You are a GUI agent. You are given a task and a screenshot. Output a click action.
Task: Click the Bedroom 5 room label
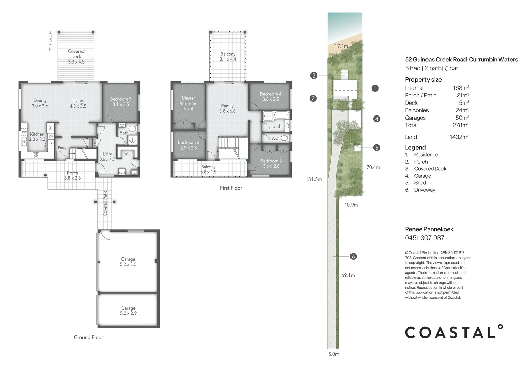pyautogui.click(x=120, y=101)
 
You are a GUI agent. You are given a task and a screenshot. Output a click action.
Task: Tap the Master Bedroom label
pyautogui.click(x=188, y=103)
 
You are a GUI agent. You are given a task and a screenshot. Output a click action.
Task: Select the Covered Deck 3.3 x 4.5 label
pyautogui.click(x=76, y=56)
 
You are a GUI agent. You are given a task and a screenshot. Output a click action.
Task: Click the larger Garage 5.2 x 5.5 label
pyautogui.click(x=128, y=262)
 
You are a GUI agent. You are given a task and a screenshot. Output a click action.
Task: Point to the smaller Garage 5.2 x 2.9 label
pyautogui.click(x=128, y=310)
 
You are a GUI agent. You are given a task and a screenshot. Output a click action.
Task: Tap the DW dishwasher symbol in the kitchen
pyautogui.click(x=24, y=132)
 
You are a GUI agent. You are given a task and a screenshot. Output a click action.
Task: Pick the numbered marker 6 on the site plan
pyautogui.click(x=353, y=256)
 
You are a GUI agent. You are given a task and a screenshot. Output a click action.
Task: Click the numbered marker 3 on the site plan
pyautogui.click(x=314, y=76)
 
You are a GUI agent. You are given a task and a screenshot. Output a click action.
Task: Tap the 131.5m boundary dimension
pyautogui.click(x=314, y=179)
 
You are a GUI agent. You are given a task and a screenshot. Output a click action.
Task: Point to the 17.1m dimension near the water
pyautogui.click(x=341, y=46)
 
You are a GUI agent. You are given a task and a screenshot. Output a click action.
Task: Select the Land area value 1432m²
pyautogui.click(x=459, y=137)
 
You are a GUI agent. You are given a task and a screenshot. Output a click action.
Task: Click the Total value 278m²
pyautogui.click(x=460, y=125)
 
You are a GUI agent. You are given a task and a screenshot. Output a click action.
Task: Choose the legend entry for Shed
pyautogui.click(x=420, y=183)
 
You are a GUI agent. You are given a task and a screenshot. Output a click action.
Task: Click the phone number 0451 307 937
pyautogui.click(x=424, y=238)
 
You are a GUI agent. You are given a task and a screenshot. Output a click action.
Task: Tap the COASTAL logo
pyautogui.click(x=454, y=332)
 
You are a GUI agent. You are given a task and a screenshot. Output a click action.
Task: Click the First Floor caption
pyautogui.click(x=231, y=188)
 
